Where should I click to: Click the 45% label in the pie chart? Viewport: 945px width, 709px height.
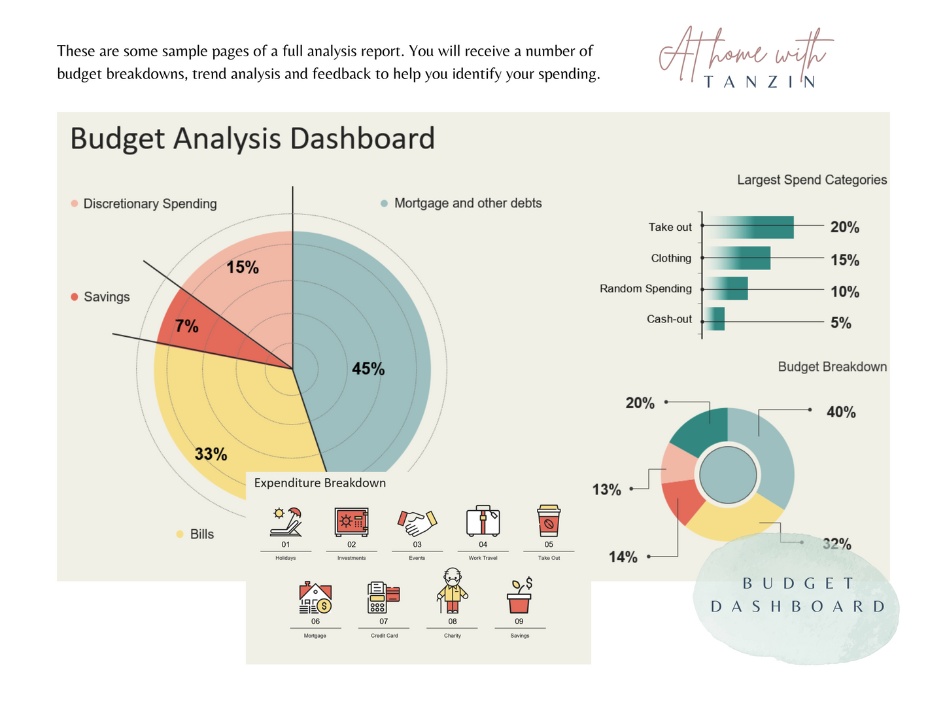[368, 369]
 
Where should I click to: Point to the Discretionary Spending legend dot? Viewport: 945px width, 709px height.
[75, 204]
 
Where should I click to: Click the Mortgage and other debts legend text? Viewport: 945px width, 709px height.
[468, 203]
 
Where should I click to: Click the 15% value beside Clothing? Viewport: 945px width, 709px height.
[844, 260]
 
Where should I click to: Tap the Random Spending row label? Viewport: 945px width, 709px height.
[645, 288]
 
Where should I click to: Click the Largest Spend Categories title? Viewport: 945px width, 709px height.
[812, 180]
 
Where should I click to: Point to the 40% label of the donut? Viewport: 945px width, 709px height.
[840, 412]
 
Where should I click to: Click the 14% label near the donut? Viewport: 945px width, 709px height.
[623, 557]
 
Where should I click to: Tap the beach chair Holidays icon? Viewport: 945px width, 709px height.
[286, 522]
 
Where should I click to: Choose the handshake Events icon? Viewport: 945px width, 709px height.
[417, 522]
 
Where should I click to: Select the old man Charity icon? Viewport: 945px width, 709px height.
[453, 591]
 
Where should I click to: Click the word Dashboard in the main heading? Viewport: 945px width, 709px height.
[362, 139]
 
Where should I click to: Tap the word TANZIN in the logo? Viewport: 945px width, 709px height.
[760, 82]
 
